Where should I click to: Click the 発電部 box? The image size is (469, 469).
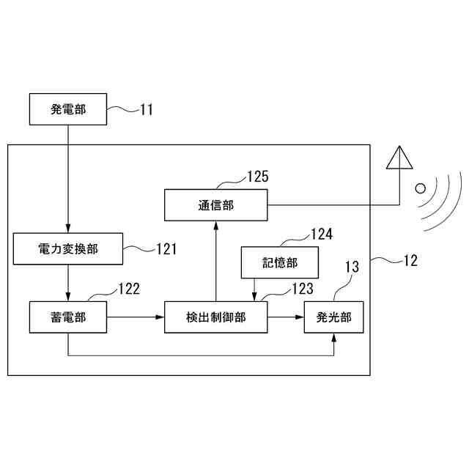point(67,109)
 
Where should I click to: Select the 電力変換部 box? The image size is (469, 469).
point(67,249)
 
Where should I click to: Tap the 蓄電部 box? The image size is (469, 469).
point(67,317)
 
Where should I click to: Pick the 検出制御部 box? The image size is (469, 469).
point(215,317)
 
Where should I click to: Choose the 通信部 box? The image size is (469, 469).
point(215,205)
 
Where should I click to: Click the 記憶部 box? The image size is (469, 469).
point(280,262)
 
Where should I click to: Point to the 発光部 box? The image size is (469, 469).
point(333,317)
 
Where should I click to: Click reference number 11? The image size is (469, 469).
point(147,110)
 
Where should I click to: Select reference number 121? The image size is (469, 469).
point(166,249)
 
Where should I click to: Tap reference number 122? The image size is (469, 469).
point(128,289)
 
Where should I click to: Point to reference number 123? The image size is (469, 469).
point(302,289)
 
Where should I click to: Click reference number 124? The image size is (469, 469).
point(321,234)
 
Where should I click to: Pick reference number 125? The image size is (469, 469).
point(257,177)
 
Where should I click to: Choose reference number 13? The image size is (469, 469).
point(352,267)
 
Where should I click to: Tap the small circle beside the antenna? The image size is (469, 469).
point(420,188)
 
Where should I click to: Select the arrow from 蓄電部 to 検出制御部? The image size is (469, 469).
point(135,317)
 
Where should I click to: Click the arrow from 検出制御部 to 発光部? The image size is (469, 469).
point(286,317)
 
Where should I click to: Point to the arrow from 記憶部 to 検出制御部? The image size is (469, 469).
point(254,289)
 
